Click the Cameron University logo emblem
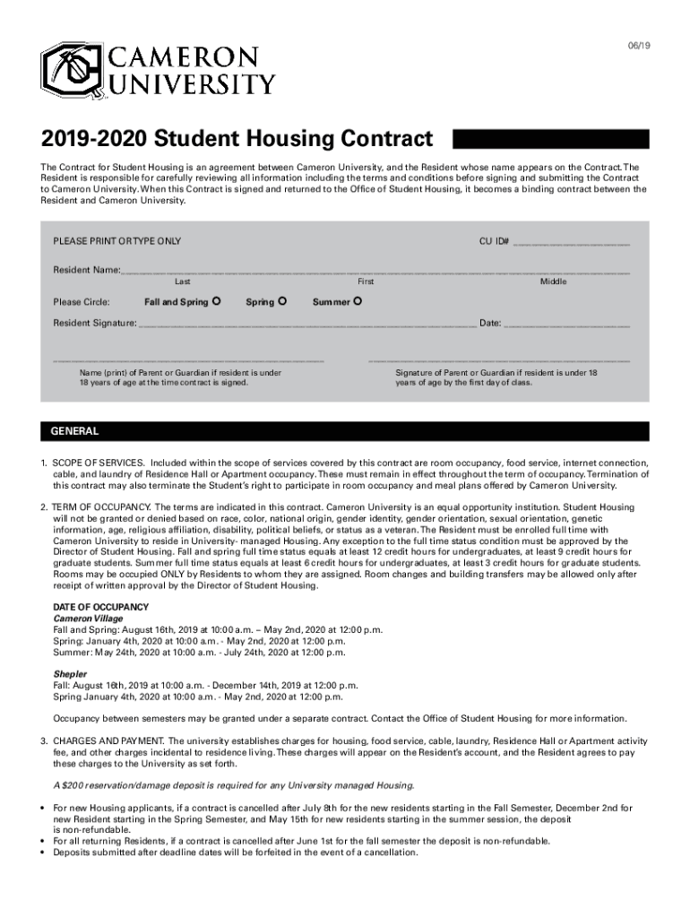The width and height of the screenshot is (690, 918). click(x=71, y=71)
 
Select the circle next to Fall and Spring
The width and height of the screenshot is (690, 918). click(x=218, y=301)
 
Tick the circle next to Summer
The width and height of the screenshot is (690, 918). click(x=358, y=301)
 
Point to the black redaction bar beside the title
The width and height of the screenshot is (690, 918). click(x=550, y=139)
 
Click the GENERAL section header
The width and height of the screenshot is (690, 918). click(x=74, y=431)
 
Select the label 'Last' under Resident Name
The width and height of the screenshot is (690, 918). click(x=182, y=281)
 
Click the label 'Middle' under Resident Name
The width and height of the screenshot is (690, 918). click(x=553, y=281)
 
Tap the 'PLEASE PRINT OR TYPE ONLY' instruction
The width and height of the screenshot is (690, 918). click(x=116, y=242)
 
